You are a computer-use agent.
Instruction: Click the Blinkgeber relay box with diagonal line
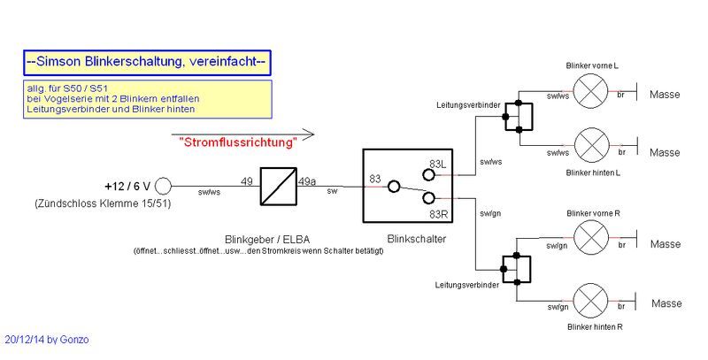coord(277,187)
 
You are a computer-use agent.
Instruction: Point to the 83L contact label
coord(438,164)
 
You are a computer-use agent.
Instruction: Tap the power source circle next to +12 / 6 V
coord(164,187)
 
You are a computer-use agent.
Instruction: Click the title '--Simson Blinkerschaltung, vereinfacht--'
coord(146,62)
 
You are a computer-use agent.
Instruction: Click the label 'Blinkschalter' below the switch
coord(417,239)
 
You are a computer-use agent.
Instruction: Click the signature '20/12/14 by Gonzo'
coord(46,340)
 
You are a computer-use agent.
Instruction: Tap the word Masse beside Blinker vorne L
coord(665,94)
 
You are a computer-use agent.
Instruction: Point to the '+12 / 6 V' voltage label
coord(126,187)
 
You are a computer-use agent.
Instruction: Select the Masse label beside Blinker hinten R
coord(665,303)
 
